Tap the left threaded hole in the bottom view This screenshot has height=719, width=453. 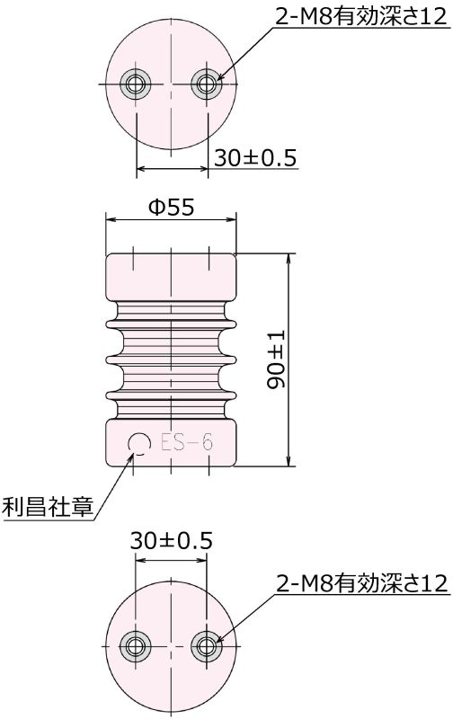pyautogui.click(x=136, y=644)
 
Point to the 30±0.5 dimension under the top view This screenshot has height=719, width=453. pyautogui.click(x=256, y=157)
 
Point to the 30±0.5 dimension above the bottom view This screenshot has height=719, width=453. pyautogui.click(x=171, y=541)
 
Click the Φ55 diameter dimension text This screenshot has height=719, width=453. pyautogui.click(x=171, y=207)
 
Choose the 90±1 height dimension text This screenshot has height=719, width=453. pyautogui.click(x=277, y=359)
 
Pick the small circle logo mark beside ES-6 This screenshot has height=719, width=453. pyautogui.click(x=139, y=442)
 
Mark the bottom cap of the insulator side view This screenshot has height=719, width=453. pyautogui.click(x=172, y=442)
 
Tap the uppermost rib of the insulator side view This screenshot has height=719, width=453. pyautogui.click(x=172, y=320)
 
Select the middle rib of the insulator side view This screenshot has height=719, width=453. pyautogui.click(x=172, y=358)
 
